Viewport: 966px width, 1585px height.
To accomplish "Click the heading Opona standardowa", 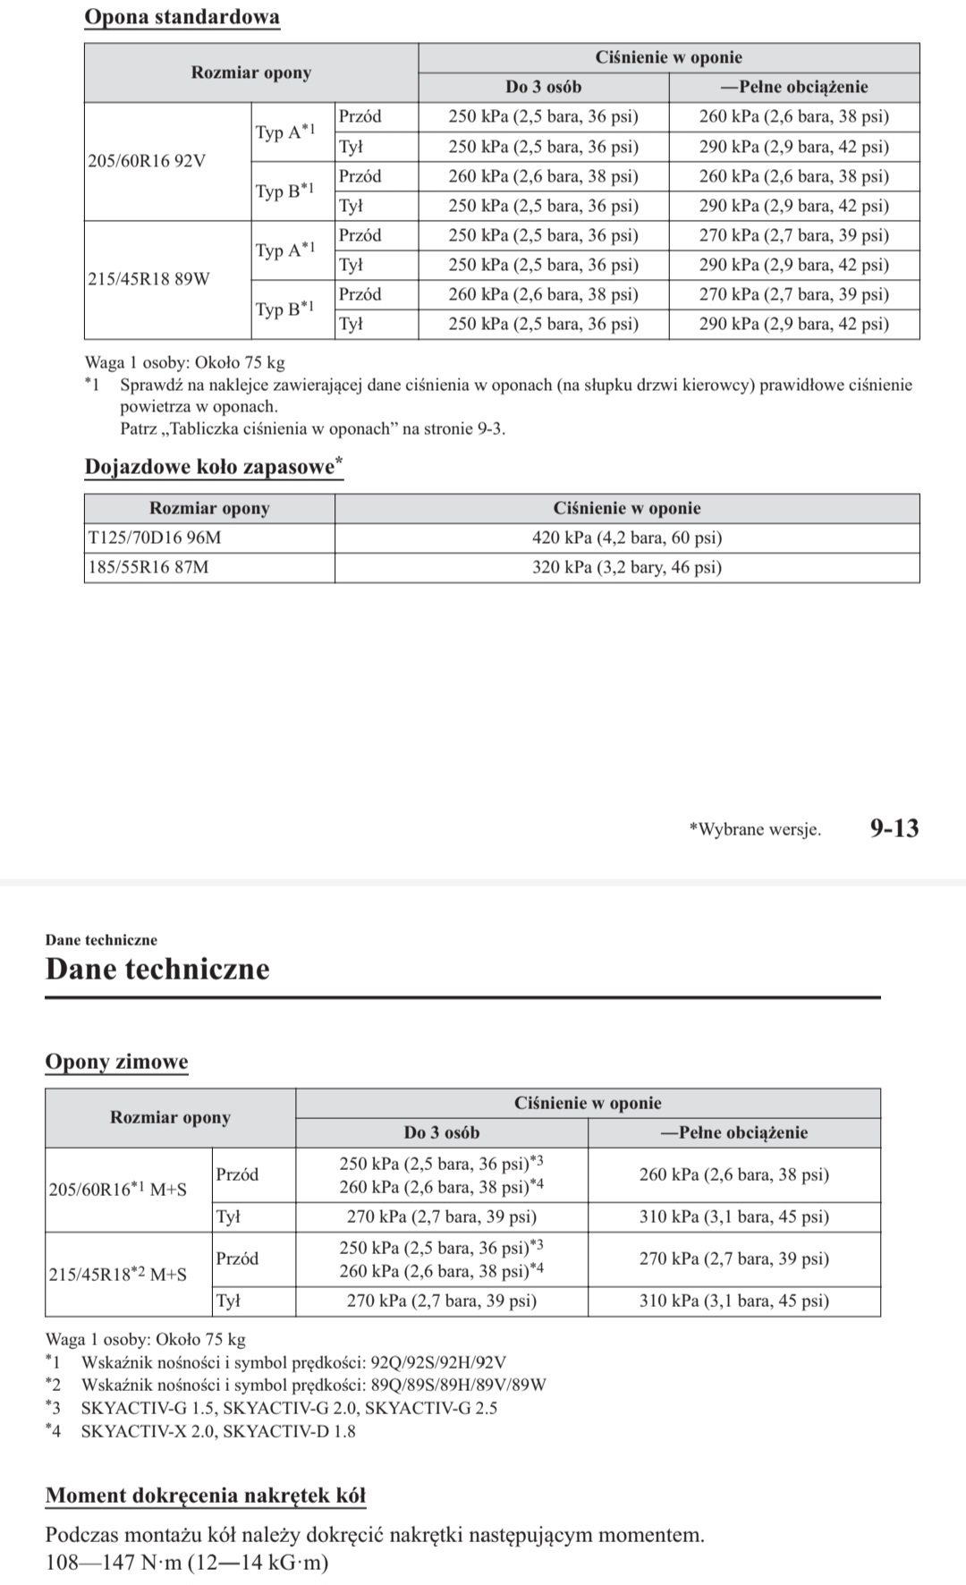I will click(x=182, y=17).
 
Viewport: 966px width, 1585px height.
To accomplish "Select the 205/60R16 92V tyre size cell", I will click(x=147, y=161).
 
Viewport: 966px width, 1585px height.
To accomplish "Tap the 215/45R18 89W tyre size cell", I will click(x=149, y=279).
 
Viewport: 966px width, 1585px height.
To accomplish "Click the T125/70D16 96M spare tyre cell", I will click(x=155, y=538).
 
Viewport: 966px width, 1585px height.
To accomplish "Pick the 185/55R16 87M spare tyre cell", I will click(x=148, y=567).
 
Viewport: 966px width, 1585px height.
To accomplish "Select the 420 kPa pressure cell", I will click(x=627, y=538).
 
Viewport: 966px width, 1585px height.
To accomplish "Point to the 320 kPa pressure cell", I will click(x=627, y=567).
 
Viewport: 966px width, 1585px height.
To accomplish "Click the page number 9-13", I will click(x=894, y=828).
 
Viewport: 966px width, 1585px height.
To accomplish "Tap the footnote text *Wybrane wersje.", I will click(x=755, y=829).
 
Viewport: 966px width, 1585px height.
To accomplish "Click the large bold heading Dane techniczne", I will click(x=157, y=969).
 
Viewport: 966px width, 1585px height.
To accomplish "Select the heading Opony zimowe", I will click(x=116, y=1062).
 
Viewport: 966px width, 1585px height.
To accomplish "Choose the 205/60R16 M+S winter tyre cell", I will click(x=117, y=1191).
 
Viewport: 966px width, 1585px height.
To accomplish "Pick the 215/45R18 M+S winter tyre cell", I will click(x=117, y=1275).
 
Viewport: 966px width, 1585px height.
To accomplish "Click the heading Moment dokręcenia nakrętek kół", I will click(x=206, y=1496).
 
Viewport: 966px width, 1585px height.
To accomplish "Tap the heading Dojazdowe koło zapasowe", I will click(x=213, y=467).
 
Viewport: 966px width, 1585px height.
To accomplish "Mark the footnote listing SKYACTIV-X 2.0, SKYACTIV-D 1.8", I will click(x=217, y=1431).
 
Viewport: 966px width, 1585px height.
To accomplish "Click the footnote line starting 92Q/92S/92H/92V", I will click(x=293, y=1362).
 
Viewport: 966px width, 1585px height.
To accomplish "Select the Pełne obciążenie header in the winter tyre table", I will click(x=733, y=1132).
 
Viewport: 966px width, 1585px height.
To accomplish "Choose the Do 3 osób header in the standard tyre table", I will click(x=543, y=87).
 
